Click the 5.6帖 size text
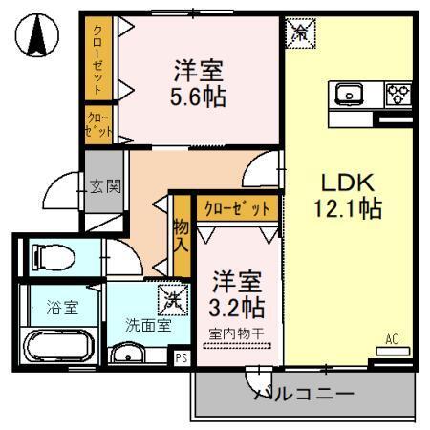pyautogui.click(x=199, y=97)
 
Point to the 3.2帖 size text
pyautogui.click(x=237, y=309)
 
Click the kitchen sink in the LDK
pyautogui.click(x=348, y=94)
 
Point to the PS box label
pyautogui.click(x=182, y=357)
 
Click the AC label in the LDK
pyautogui.click(x=392, y=338)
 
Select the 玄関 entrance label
pyautogui.click(x=105, y=185)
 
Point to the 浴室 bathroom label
pyautogui.click(x=61, y=308)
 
